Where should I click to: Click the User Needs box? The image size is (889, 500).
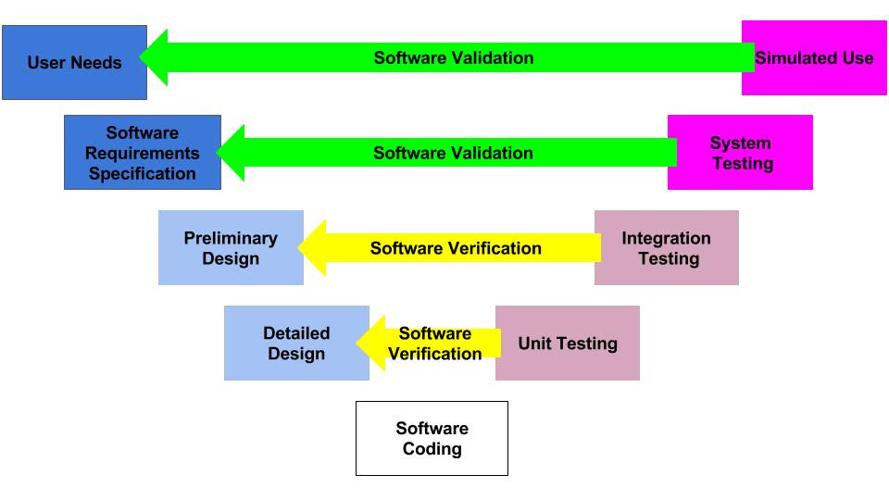click(x=74, y=62)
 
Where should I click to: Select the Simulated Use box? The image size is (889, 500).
click(x=814, y=57)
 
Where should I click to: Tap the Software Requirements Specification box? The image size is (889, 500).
click(x=143, y=153)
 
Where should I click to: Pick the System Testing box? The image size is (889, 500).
click(x=741, y=153)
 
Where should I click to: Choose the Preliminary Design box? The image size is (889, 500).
click(x=231, y=248)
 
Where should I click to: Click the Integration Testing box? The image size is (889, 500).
click(x=666, y=248)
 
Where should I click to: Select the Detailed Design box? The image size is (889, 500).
click(x=296, y=343)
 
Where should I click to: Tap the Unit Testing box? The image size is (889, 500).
click(x=568, y=343)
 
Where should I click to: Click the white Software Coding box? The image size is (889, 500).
click(x=432, y=438)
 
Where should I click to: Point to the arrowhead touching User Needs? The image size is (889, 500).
click(x=155, y=57)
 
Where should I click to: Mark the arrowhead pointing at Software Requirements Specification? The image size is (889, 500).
click(x=232, y=153)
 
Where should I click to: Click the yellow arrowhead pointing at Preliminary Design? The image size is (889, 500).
click(x=312, y=248)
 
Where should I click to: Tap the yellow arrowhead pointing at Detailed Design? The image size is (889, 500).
click(x=371, y=343)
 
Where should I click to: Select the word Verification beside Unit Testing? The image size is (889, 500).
click(x=435, y=354)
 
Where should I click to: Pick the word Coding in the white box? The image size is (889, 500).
click(x=432, y=449)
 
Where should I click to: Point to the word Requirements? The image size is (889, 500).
click(x=143, y=153)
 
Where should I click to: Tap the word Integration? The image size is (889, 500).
click(x=666, y=238)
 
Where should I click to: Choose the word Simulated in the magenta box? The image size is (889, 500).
click(x=789, y=57)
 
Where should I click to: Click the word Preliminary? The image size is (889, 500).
click(x=231, y=238)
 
